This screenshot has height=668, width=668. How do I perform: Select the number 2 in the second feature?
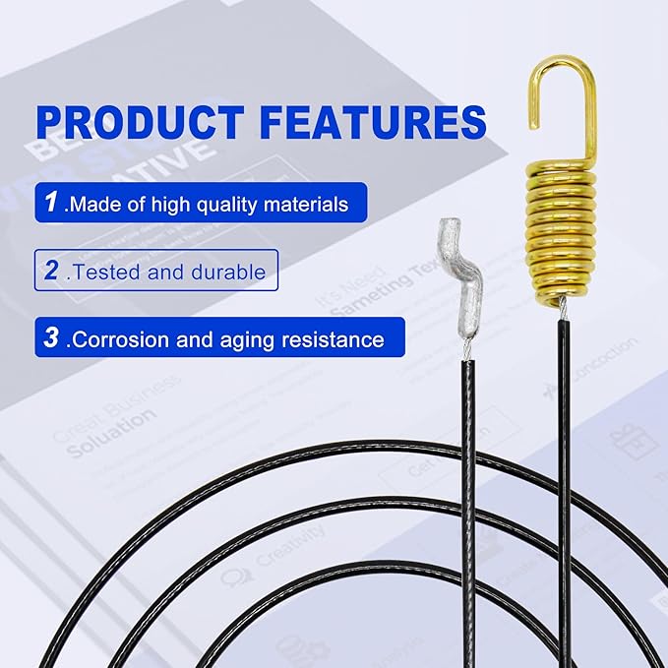tap(50, 271)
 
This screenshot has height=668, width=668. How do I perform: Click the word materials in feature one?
tap(300, 205)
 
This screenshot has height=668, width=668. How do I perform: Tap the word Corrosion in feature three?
tap(120, 340)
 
